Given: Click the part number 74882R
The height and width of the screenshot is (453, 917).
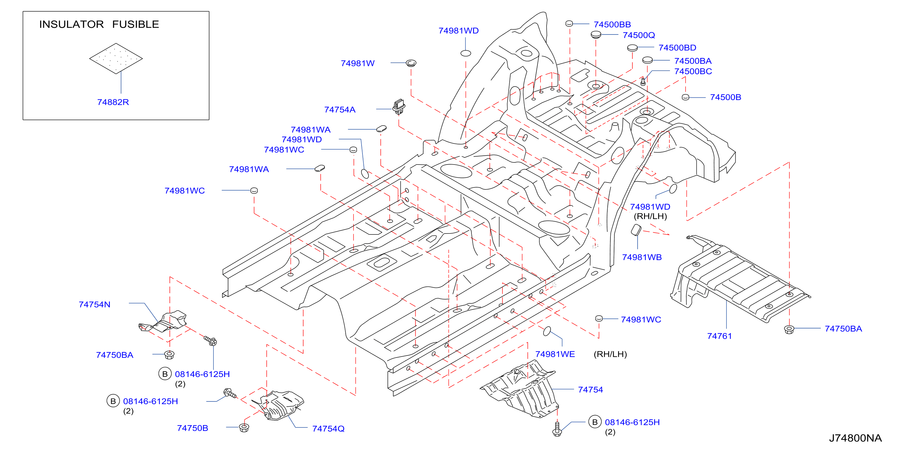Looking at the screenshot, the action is pos(113,102).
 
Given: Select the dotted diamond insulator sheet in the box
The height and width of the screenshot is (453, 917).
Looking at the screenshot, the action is pos(116,58).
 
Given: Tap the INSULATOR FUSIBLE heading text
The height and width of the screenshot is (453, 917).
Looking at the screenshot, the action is pos(99,24).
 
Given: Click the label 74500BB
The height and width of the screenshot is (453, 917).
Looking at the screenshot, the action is pos(612,24).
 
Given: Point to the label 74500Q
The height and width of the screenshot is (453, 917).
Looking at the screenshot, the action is pos(639,35).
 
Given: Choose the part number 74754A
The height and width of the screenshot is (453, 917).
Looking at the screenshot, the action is pos(340,110).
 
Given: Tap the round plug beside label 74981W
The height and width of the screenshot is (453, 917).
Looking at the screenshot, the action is pos(411,63).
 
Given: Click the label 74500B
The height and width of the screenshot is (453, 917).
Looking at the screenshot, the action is pos(726,97).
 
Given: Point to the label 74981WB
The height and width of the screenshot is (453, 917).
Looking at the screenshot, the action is pos(642,257).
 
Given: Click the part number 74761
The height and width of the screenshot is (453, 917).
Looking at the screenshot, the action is pos(719,336).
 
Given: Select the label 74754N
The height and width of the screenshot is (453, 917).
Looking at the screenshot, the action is pos(94,305).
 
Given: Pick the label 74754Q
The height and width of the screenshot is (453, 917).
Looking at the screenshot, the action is pos(328,429).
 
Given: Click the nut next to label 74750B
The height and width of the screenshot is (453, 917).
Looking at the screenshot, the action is pos(244,427).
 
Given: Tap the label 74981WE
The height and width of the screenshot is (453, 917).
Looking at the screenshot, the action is pos(555,354).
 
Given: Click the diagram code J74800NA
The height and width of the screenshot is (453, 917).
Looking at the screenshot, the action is pos(855,438).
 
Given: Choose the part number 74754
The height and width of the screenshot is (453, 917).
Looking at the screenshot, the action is pos(590,390).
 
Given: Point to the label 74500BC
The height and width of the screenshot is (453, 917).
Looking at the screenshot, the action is pos(693,71).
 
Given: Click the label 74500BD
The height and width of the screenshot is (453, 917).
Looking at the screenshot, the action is pos(677,48).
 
